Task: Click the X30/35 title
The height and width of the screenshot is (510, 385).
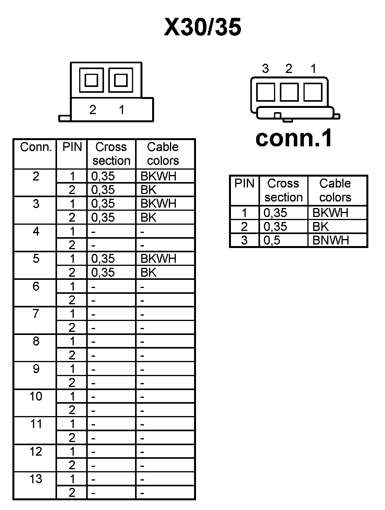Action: tap(203, 27)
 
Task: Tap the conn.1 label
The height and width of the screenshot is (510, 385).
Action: tap(294, 138)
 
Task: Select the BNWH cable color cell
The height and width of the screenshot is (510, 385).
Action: tap(331, 240)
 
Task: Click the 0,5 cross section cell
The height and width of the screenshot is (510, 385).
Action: tap(272, 240)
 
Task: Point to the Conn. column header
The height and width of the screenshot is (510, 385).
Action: tap(36, 147)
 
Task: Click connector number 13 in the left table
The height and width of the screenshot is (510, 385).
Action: tap(36, 479)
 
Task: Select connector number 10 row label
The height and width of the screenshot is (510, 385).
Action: tap(36, 396)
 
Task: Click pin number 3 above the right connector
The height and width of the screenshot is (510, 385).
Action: tap(265, 69)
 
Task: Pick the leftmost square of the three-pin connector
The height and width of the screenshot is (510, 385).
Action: tap(266, 92)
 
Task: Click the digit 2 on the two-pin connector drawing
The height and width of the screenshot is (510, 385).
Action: tap(93, 110)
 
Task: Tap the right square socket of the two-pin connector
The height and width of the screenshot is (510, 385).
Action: tap(121, 80)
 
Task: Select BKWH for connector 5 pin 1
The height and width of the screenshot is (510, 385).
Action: tap(158, 258)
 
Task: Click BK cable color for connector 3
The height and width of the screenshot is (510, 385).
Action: tap(149, 217)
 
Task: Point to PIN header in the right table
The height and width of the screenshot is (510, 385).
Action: tap(245, 184)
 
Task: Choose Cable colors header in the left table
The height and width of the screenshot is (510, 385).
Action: tap(163, 154)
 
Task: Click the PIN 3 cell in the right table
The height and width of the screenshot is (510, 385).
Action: tap(244, 240)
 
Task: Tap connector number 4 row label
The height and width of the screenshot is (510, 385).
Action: tap(36, 231)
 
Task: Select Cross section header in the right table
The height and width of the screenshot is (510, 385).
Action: tap(283, 190)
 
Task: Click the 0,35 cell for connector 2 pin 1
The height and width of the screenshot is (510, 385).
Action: tap(103, 176)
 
